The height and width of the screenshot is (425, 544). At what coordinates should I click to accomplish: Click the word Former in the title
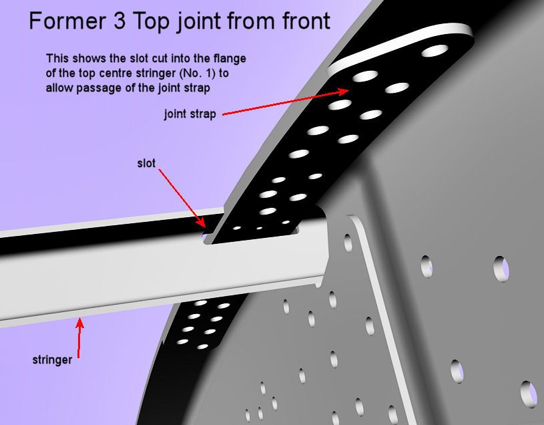tap(67, 21)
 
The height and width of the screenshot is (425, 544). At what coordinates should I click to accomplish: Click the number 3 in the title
tap(119, 21)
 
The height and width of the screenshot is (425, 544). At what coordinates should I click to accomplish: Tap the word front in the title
tap(306, 21)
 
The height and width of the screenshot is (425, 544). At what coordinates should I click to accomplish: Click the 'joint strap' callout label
tap(190, 114)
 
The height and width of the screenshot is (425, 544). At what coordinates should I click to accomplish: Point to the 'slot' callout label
tap(146, 163)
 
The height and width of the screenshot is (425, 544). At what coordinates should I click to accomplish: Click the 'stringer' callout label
tap(52, 360)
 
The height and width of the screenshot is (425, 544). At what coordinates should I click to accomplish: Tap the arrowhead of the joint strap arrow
tap(344, 92)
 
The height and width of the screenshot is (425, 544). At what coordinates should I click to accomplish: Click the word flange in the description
tap(230, 58)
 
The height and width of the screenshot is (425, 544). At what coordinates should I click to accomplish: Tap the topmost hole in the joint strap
tap(435, 51)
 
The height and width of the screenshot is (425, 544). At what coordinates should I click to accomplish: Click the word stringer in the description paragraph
tap(156, 74)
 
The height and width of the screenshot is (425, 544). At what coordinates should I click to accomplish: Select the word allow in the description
tap(59, 88)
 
